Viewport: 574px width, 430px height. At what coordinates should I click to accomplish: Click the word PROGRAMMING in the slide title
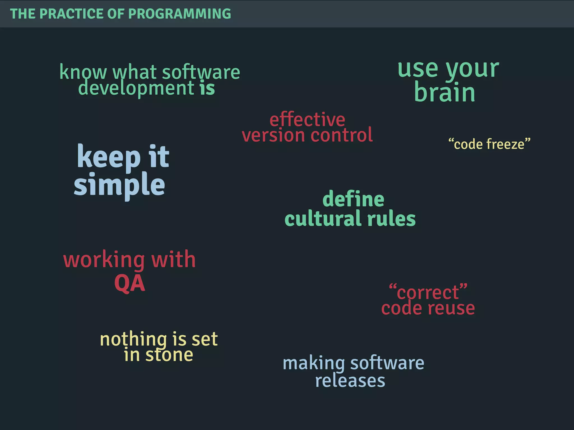point(179,14)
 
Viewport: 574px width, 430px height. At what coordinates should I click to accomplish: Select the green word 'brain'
point(445,92)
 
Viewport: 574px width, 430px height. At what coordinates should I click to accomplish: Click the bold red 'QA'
point(129,283)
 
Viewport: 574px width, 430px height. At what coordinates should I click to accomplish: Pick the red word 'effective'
point(307,120)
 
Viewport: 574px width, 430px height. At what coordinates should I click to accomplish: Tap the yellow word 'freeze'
point(505,144)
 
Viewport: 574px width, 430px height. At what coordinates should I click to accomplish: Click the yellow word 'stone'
point(169,355)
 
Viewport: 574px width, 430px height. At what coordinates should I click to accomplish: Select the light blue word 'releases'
point(350,380)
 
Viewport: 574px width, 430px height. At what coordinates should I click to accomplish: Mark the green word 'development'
point(136,88)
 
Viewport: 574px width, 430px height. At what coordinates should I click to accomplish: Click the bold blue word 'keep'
point(109,157)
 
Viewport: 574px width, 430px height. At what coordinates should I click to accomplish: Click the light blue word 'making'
point(314,363)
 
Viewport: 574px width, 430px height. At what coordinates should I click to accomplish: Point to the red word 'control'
point(342,135)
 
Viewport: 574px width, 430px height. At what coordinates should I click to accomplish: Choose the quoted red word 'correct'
point(428,292)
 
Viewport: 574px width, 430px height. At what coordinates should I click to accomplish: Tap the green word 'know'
point(83,72)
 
